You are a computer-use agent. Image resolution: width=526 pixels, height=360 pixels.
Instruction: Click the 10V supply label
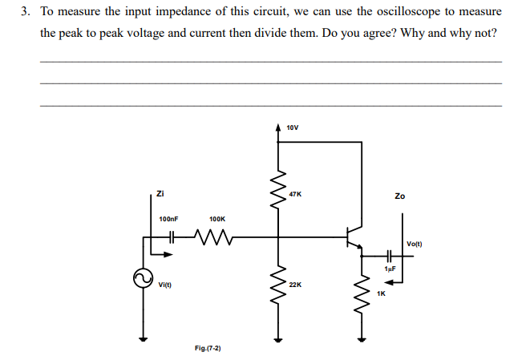click(x=292, y=127)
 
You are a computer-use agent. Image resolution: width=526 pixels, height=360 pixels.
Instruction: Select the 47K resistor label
click(x=295, y=194)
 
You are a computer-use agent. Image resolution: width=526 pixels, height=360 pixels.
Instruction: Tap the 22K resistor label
click(x=295, y=284)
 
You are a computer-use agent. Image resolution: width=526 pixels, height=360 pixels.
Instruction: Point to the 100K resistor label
click(x=217, y=218)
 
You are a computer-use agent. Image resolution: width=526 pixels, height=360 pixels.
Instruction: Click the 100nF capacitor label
click(x=168, y=218)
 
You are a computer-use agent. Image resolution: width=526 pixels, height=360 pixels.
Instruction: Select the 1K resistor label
click(x=381, y=293)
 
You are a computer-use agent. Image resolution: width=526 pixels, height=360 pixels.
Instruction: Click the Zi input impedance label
click(x=160, y=192)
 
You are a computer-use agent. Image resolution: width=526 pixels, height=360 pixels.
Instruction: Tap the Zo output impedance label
click(x=400, y=196)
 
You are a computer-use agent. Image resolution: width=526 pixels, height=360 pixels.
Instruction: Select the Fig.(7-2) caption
click(x=208, y=348)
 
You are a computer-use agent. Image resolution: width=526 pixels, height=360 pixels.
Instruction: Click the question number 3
click(x=26, y=13)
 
